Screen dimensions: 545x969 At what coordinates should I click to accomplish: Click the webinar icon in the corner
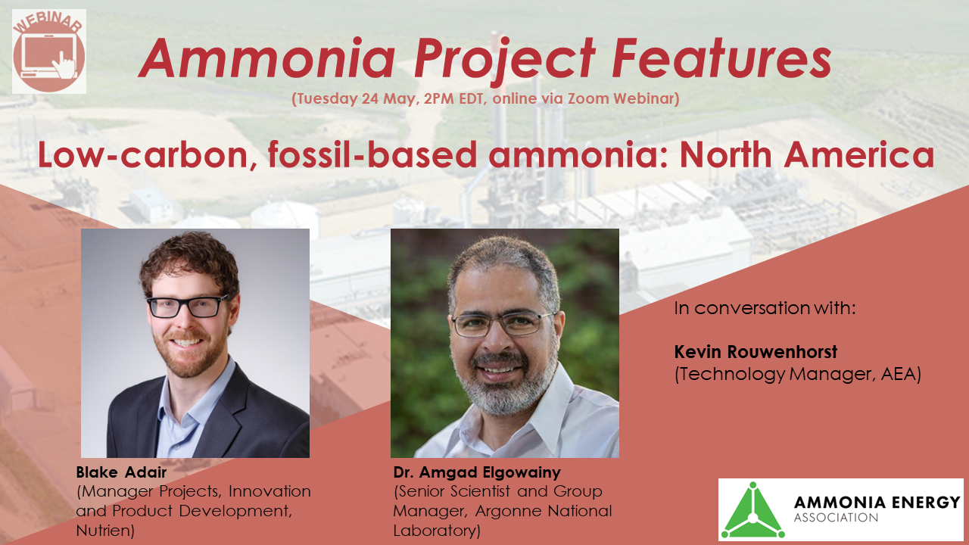[49, 51]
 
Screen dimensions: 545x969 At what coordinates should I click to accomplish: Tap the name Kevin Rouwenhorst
[756, 353]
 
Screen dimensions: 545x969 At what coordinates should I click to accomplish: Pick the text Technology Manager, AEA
[797, 374]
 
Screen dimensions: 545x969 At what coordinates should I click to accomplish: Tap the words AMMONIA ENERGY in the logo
[877, 502]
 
